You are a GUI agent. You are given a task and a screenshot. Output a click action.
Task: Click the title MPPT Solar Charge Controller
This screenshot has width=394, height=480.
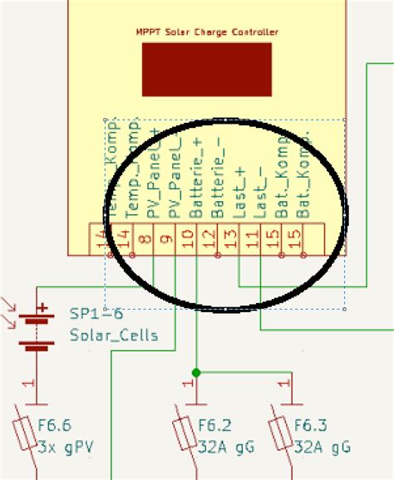click(207, 32)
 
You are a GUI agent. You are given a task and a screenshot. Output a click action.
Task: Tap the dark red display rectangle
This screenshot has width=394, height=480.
click(207, 69)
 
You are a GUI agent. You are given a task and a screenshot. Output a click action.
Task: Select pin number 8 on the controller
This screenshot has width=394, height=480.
click(145, 240)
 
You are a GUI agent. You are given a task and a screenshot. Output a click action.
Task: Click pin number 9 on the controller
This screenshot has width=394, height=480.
click(166, 240)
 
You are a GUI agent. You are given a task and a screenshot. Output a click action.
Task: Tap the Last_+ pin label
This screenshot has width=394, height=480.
click(239, 193)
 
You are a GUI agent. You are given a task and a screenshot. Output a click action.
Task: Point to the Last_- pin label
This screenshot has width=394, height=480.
click(261, 193)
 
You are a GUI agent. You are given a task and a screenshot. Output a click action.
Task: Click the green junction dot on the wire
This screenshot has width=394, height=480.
click(195, 372)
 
